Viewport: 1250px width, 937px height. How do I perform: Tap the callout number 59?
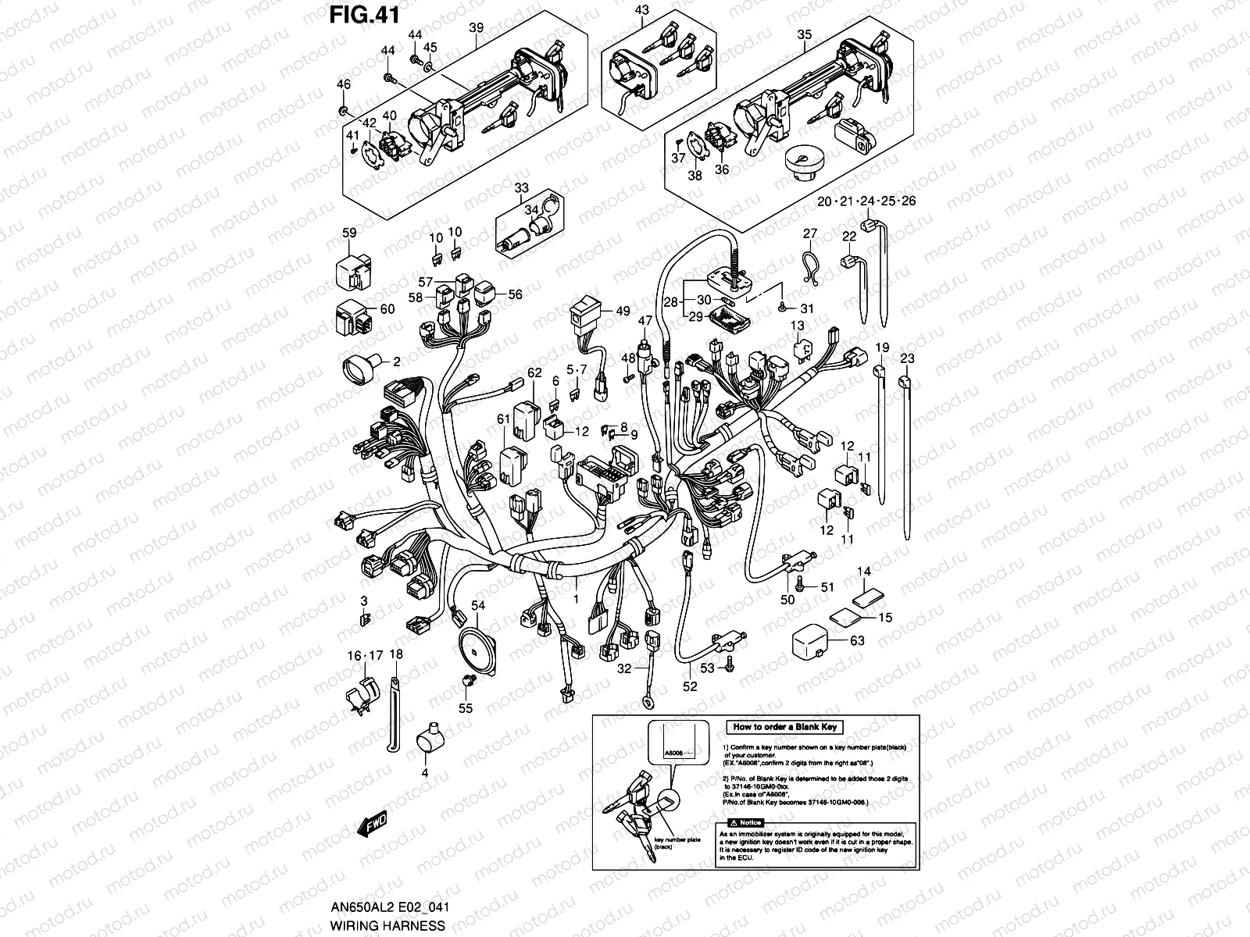pos(349,233)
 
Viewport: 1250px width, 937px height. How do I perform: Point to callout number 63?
pos(857,642)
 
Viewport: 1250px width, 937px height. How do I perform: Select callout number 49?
pos(623,312)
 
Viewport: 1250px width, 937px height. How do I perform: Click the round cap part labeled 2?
pos(362,365)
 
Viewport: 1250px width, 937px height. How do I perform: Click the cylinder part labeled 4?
pos(427,737)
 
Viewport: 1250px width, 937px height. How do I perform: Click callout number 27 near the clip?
pos(810,233)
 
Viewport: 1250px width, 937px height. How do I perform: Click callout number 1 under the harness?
pos(577,600)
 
